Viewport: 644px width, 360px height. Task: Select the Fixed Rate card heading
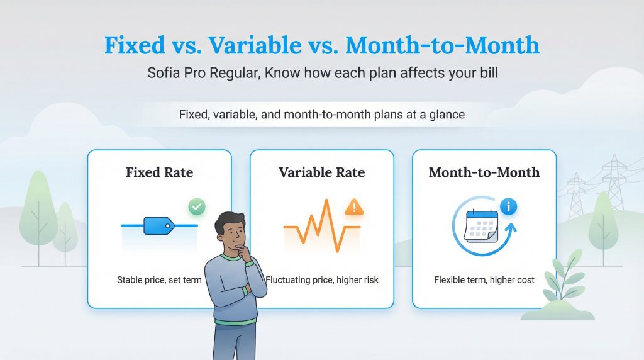coord(159,172)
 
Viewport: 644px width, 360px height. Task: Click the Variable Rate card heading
coord(321,172)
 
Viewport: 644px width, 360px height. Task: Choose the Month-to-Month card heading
coord(484,172)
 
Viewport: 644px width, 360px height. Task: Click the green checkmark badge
coord(197,206)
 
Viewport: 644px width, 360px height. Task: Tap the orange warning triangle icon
coord(354,206)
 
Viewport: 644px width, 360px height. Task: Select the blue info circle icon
coord(508,206)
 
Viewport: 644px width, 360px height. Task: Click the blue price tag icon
coord(158,225)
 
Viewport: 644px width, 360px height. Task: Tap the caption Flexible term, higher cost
coord(484,279)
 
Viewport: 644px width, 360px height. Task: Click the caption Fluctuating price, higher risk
coord(322,279)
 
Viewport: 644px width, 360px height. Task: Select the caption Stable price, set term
coord(158,279)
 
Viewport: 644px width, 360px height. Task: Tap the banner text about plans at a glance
coord(321,115)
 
